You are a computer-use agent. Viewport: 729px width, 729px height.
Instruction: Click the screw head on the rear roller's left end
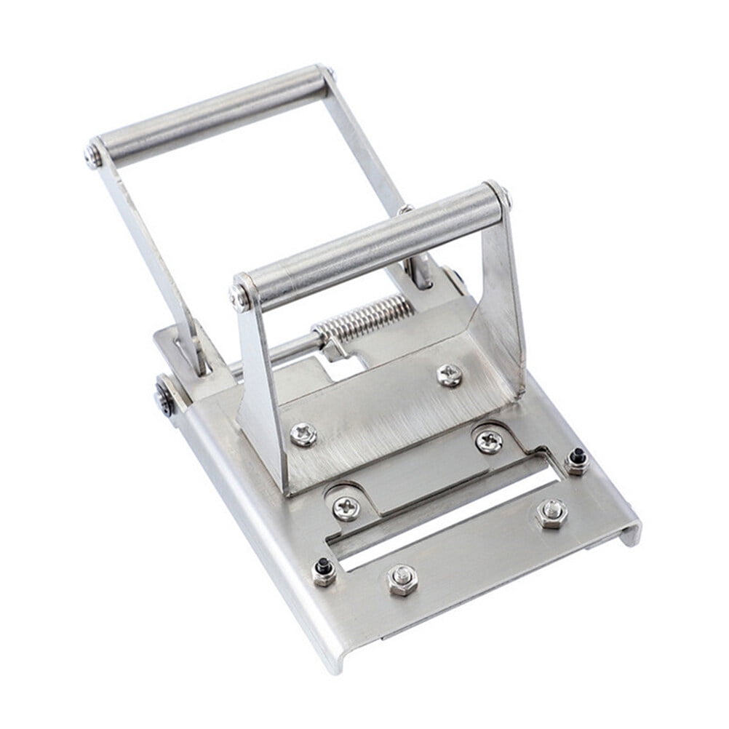[x=92, y=155]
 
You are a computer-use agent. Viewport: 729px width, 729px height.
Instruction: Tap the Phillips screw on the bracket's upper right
[x=450, y=375]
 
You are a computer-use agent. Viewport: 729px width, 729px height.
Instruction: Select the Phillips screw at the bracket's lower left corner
[x=303, y=434]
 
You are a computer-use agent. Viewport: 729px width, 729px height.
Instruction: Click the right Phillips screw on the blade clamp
[x=488, y=441]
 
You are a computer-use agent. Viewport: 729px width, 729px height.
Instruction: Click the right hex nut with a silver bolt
[x=551, y=512]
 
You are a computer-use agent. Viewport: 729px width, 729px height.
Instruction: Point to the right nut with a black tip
[x=577, y=460]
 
